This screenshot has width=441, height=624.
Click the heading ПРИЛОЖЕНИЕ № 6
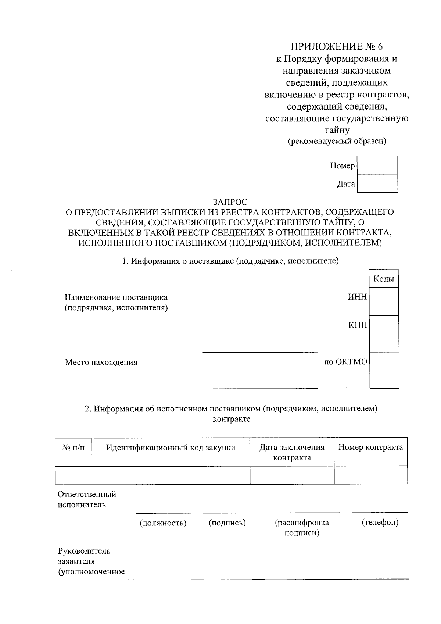click(x=337, y=47)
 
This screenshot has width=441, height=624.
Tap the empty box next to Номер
click(x=377, y=165)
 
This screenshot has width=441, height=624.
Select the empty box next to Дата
click(x=377, y=183)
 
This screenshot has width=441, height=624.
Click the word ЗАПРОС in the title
click(x=230, y=202)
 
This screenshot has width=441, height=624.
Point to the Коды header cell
click(x=384, y=279)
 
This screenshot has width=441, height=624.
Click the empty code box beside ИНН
click(x=384, y=302)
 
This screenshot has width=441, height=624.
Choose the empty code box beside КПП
click(x=384, y=334)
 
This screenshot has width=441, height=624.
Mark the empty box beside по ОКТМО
click(x=384, y=370)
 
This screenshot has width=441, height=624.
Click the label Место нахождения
click(x=101, y=362)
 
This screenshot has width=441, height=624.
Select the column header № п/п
click(x=73, y=448)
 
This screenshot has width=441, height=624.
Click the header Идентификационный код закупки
click(x=171, y=448)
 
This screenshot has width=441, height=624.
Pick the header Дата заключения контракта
click(x=292, y=452)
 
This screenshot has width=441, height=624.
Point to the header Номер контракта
click(x=370, y=448)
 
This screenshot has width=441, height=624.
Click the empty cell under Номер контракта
click(x=370, y=475)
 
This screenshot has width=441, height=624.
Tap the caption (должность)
click(x=163, y=523)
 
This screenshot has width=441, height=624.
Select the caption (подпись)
click(x=227, y=523)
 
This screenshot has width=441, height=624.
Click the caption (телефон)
click(x=380, y=523)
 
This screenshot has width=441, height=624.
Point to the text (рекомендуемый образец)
click(x=337, y=141)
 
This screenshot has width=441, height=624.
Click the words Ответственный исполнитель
click(x=87, y=499)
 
